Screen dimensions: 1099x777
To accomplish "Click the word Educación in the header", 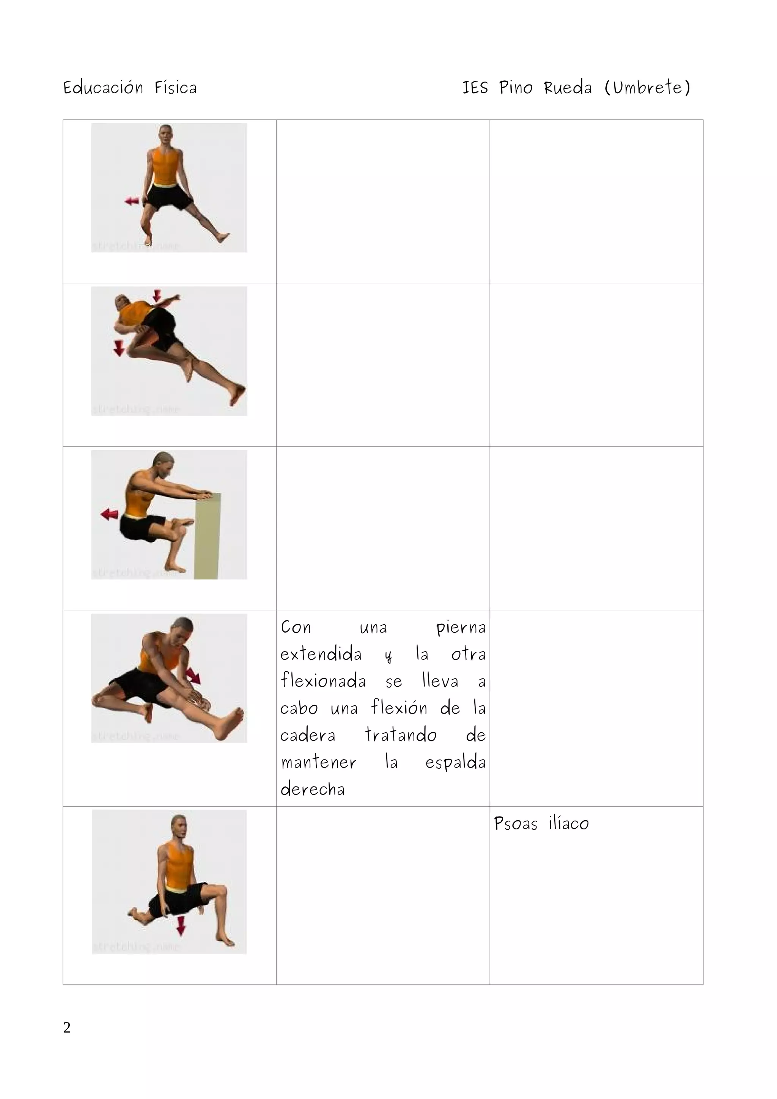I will tap(103, 88).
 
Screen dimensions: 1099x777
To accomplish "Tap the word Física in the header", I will tap(175, 88).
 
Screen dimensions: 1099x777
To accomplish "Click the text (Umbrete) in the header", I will tap(647, 88).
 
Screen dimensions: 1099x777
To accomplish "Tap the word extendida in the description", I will tap(321, 654).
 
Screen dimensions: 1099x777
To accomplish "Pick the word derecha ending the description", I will tap(312, 789).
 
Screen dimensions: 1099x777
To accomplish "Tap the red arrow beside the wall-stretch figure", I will tap(110, 514).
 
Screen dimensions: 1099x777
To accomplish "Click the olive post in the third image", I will tap(207, 536).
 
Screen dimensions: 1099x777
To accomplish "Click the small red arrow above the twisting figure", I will tap(157, 295).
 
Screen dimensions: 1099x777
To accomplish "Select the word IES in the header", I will tap(475, 88).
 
